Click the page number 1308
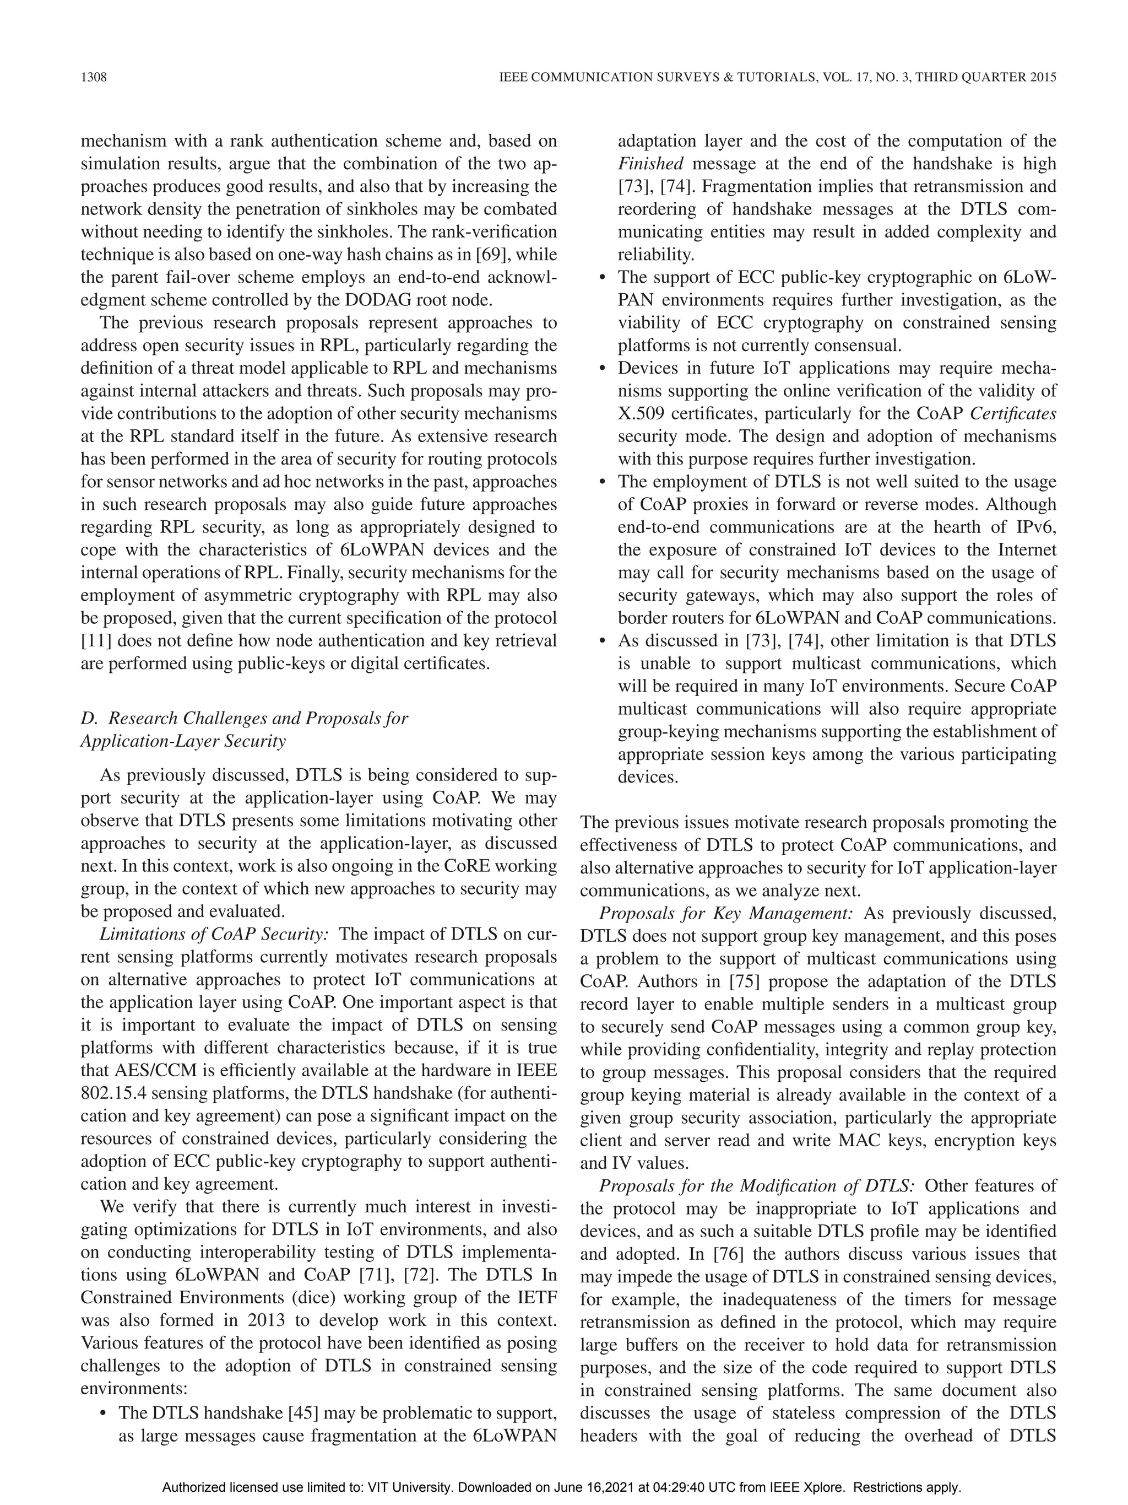click(x=94, y=78)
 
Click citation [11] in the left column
click(x=93, y=641)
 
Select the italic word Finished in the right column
click(x=650, y=164)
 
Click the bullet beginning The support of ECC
click(x=601, y=278)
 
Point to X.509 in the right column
click(x=639, y=414)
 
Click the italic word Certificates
click(x=1013, y=414)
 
